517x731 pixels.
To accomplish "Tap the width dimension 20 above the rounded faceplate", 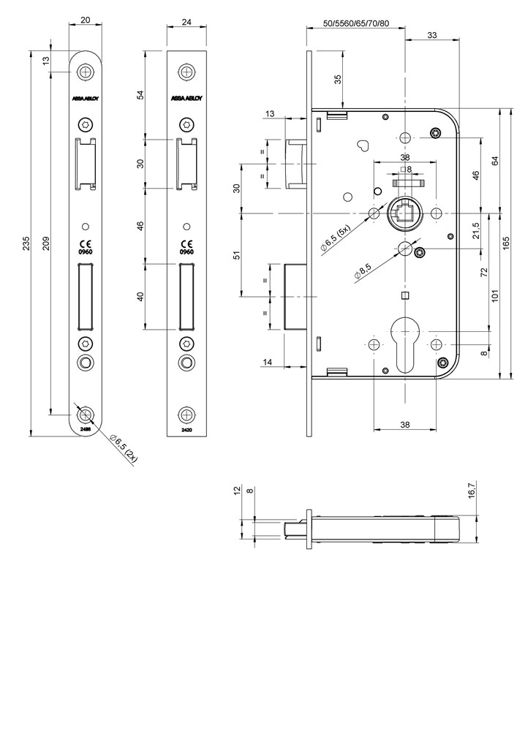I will pos(86,22).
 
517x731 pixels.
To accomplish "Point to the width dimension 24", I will pos(186,22).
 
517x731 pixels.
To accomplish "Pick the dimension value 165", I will pos(506,243).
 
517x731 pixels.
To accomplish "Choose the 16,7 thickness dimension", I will pos(472,490).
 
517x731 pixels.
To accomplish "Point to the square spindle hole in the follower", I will pos(405,213).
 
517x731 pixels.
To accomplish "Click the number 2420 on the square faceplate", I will pos(186,431).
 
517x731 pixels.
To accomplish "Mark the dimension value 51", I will pos(236,254).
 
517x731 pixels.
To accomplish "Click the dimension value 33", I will pos(432,34).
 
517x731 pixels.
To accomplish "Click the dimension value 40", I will pos(141,296).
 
